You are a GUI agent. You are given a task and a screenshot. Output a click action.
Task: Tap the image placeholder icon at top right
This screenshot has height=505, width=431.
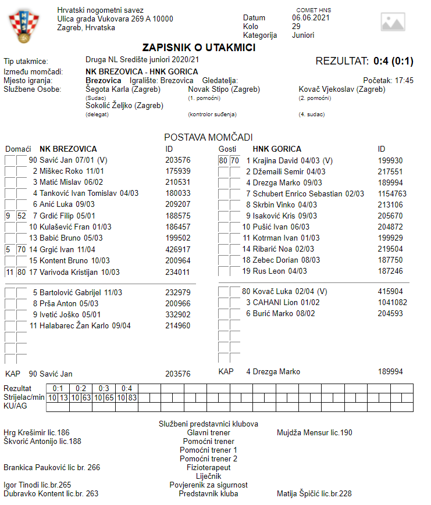(x=393, y=22)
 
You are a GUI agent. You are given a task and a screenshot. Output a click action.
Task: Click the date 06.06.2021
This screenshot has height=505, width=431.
(x=311, y=17)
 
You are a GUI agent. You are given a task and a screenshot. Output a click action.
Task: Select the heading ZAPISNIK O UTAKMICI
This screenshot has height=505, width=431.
(x=199, y=48)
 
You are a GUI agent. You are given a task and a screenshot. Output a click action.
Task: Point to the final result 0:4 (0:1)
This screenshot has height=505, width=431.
(x=393, y=60)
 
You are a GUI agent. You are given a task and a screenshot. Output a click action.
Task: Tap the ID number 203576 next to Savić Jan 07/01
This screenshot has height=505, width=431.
(x=177, y=160)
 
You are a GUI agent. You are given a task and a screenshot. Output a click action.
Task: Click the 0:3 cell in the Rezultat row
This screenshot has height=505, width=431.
(x=103, y=388)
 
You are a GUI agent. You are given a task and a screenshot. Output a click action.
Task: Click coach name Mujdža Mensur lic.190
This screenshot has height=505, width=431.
(x=315, y=432)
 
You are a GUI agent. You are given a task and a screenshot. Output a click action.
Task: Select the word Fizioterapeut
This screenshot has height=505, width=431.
(x=208, y=467)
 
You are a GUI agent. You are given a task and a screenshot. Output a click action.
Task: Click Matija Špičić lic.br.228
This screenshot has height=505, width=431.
(x=314, y=494)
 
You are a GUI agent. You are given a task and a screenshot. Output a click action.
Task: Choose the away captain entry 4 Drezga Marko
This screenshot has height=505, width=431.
(x=273, y=371)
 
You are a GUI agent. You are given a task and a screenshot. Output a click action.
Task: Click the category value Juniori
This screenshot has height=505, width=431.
(x=302, y=35)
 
